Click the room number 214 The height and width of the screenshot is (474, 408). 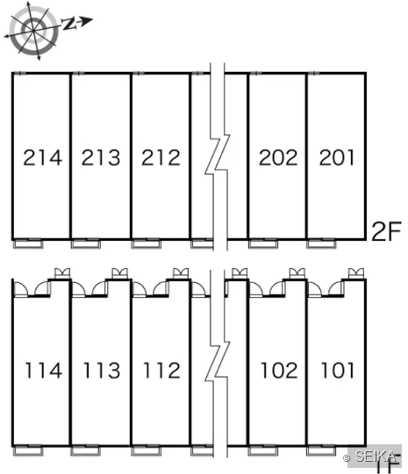[43, 158]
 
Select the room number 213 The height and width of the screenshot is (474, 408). [101, 158]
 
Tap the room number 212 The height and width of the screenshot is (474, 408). [161, 158]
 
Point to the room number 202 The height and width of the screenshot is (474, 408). [278, 158]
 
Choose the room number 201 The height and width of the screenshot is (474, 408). [337, 158]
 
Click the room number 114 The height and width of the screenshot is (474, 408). [44, 371]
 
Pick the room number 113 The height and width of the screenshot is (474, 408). [102, 371]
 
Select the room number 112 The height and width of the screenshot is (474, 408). [162, 371]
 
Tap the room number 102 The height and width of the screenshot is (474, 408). [279, 371]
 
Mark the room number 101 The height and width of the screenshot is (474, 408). [338, 371]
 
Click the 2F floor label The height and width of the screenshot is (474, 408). [387, 231]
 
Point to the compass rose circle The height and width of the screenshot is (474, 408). [34, 31]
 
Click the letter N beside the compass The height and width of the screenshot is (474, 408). [69, 24]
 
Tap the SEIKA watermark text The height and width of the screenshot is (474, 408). [376, 456]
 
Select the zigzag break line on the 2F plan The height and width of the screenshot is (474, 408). [218, 157]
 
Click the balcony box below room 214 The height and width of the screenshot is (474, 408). [28, 244]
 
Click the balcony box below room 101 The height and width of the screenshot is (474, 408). [321, 450]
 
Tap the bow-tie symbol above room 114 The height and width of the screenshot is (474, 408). [62, 273]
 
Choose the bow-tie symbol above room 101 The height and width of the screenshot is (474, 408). [356, 273]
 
